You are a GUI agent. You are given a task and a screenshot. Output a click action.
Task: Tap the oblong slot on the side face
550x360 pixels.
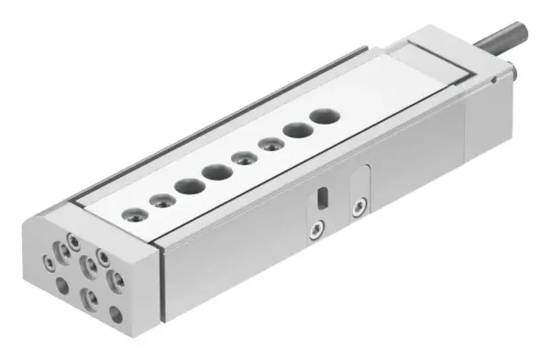coord(321,197)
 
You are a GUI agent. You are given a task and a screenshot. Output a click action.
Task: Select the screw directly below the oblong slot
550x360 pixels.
coord(317,225)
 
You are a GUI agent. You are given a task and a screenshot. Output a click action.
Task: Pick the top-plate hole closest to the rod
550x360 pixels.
coord(323,117)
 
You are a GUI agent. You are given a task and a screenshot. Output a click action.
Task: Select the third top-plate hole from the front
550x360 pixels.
coord(191,186)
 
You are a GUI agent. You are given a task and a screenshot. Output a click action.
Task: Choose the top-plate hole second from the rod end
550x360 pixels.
coord(296,130)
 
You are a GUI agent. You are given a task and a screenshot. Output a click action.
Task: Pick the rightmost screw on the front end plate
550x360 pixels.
coord(116,275)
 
